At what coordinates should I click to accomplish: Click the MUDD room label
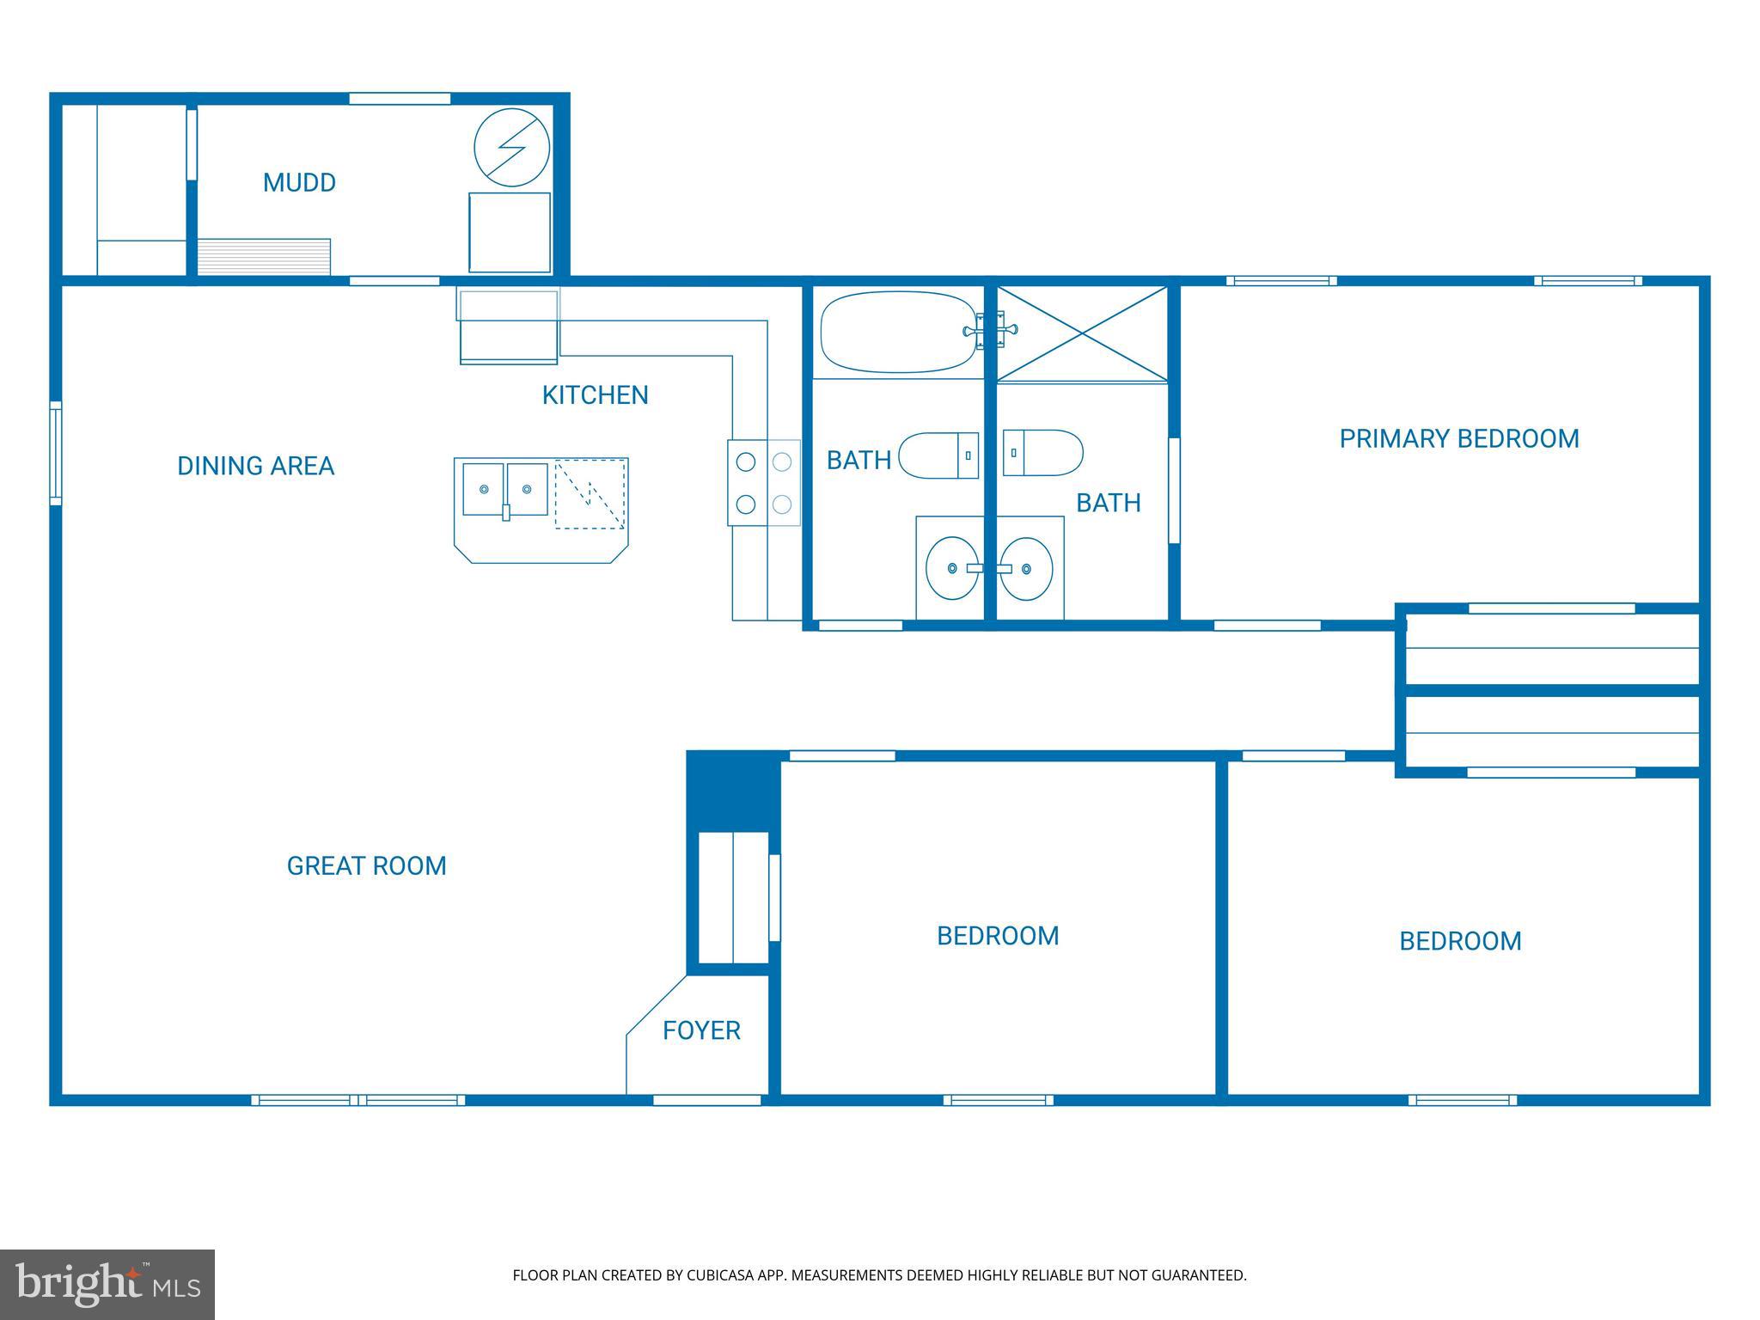pyautogui.click(x=299, y=183)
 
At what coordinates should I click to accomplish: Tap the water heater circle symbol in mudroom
pyautogui.click(x=512, y=147)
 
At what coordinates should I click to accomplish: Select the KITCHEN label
pyautogui.click(x=595, y=395)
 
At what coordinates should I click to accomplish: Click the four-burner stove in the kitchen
pyautogui.click(x=764, y=483)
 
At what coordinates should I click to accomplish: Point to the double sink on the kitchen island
pyautogui.click(x=505, y=489)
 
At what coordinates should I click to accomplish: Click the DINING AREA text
pyautogui.click(x=255, y=467)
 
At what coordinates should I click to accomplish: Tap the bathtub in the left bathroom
pyautogui.click(x=897, y=332)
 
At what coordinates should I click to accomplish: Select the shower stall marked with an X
pyautogui.click(x=1082, y=334)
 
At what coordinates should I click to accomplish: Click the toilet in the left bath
pyautogui.click(x=938, y=455)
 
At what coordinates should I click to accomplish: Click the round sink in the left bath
pyautogui.click(x=951, y=568)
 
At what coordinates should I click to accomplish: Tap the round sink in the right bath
pyautogui.click(x=1026, y=568)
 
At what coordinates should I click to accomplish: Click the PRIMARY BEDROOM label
pyautogui.click(x=1458, y=439)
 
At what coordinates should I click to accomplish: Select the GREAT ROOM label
pyautogui.click(x=366, y=866)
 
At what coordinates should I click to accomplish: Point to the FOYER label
pyautogui.click(x=701, y=1030)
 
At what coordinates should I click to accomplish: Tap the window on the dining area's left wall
pyautogui.click(x=55, y=453)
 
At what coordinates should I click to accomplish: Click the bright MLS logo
pyautogui.click(x=107, y=1284)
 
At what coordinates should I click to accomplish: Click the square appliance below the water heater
pyautogui.click(x=510, y=233)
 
